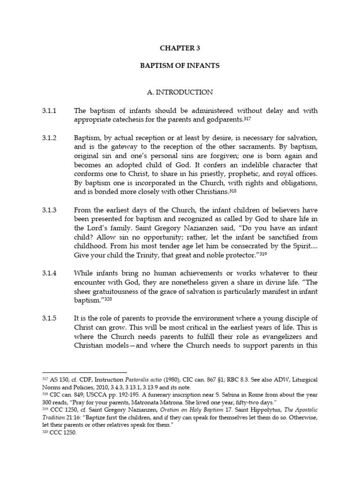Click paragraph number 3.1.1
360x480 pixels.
point(49,111)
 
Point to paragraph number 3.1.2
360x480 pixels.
point(49,138)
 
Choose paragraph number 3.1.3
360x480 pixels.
point(49,210)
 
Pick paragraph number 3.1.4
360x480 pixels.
point(49,273)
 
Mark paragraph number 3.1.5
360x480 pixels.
point(49,318)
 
